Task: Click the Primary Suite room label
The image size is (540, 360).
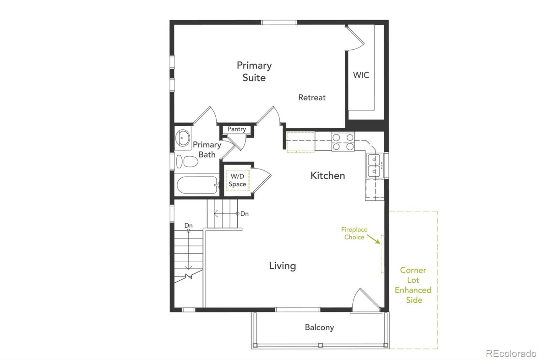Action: [254, 71]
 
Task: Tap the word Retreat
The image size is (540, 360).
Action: [312, 98]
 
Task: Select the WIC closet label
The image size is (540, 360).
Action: [361, 75]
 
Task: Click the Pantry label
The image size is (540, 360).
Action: [237, 129]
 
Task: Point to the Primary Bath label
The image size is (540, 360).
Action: [207, 150]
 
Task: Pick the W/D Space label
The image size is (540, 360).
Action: [237, 180]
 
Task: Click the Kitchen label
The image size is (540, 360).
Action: [327, 176]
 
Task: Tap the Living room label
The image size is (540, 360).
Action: [282, 266]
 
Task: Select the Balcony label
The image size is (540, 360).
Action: [319, 327]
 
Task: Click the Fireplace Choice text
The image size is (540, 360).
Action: [354, 233]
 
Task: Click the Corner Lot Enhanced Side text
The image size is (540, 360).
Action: [413, 285]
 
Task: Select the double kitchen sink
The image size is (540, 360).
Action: [374, 165]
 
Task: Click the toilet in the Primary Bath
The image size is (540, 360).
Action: [187, 162]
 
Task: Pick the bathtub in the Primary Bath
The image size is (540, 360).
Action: [197, 185]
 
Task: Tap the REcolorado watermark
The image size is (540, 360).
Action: [511, 353]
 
